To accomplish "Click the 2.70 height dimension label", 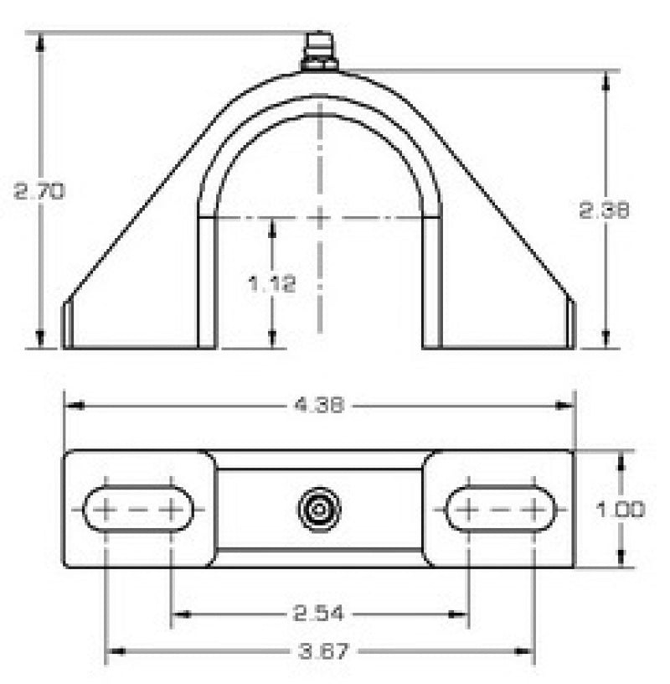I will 39,191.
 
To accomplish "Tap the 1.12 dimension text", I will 272,283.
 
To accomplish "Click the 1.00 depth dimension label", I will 622,509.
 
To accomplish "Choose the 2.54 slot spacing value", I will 318,614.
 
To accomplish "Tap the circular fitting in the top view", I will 318,509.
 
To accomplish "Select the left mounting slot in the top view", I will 138,509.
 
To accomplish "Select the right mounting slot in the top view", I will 500,509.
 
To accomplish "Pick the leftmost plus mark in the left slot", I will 107,509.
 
